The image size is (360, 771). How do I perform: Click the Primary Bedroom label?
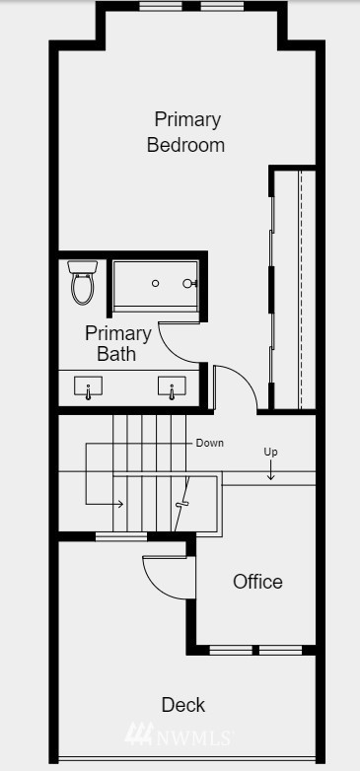(x=186, y=132)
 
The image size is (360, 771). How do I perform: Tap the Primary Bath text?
(x=117, y=343)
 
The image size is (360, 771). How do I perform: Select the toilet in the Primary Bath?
(x=83, y=282)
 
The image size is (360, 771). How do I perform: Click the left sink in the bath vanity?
(x=89, y=390)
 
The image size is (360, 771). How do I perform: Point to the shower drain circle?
(x=156, y=284)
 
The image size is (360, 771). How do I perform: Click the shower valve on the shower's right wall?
(x=189, y=284)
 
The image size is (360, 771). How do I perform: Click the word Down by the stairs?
(x=209, y=443)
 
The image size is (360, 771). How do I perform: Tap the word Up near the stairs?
(x=270, y=452)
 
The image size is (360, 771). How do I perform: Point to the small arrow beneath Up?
(x=271, y=471)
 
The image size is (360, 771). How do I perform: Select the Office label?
(x=257, y=582)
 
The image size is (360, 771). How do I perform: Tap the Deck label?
(x=183, y=704)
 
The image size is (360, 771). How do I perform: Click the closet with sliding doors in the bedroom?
(x=293, y=288)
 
